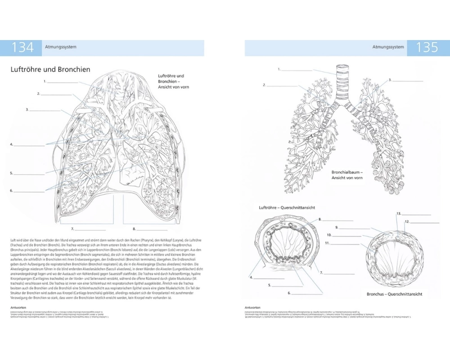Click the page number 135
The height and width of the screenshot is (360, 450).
[427, 48]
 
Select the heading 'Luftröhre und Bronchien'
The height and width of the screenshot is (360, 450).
[50, 69]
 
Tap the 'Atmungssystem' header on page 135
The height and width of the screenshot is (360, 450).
[388, 47]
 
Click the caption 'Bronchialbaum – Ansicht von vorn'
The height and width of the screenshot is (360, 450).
[347, 175]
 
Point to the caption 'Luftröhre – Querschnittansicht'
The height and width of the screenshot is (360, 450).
[286, 208]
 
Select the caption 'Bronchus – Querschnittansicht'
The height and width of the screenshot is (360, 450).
[394, 294]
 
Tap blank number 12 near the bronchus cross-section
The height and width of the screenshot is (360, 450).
[423, 222]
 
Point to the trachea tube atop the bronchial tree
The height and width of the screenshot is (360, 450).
[341, 85]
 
